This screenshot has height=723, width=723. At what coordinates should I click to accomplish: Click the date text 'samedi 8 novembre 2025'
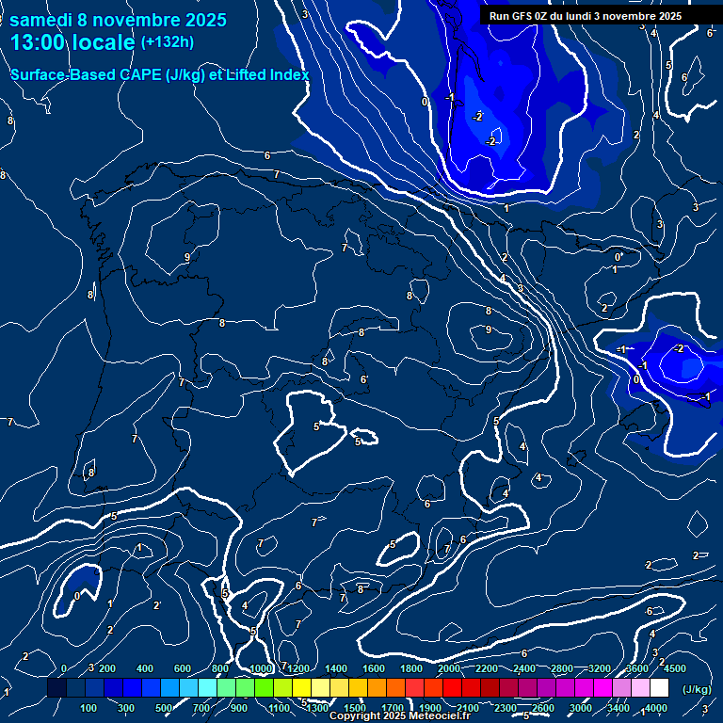(118, 20)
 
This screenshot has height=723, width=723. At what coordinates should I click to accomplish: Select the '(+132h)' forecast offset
(167, 42)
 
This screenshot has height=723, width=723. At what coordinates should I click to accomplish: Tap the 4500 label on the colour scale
(674, 668)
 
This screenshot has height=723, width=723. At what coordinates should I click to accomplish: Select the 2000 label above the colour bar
(449, 668)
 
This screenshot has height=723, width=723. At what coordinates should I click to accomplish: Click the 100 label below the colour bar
(88, 708)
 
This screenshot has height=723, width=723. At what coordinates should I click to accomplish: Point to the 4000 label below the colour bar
(655, 708)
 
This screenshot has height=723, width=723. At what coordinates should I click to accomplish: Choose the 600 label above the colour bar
(183, 668)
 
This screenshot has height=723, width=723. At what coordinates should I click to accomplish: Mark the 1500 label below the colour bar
(355, 708)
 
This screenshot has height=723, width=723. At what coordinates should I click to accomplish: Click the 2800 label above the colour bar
(563, 668)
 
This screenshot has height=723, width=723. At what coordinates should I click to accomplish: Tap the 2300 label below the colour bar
(506, 708)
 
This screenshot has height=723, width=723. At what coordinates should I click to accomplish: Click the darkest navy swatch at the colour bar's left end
(56, 689)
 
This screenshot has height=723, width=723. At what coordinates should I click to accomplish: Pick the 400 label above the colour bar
(145, 668)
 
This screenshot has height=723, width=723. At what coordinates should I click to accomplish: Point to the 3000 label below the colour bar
(581, 708)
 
